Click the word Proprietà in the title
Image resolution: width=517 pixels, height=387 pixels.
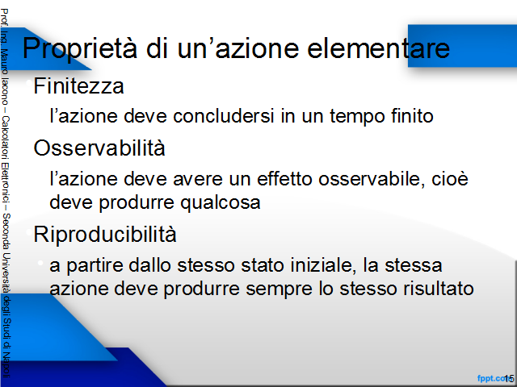click(x=80, y=49)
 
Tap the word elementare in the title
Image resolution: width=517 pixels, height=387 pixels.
click(x=379, y=48)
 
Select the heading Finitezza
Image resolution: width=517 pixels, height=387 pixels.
click(x=79, y=86)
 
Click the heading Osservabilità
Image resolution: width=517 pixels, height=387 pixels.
click(x=99, y=148)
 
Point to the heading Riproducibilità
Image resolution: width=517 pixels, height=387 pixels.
click(x=105, y=235)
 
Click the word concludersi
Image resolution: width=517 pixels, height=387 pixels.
click(x=224, y=116)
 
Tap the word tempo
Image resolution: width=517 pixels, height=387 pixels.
click(x=357, y=117)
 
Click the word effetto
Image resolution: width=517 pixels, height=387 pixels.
click(x=284, y=179)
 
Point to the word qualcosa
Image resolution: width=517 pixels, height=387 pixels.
click(x=221, y=202)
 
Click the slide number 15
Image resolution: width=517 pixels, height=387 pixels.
click(x=509, y=378)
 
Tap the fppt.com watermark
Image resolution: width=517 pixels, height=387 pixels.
click(x=492, y=378)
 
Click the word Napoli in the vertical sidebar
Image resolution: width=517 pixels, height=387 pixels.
click(x=6, y=365)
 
